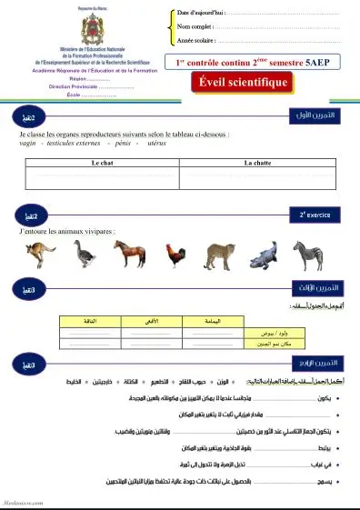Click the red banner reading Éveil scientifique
(244, 83)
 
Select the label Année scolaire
(200, 41)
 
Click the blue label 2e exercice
(313, 215)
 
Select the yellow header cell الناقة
(89, 321)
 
